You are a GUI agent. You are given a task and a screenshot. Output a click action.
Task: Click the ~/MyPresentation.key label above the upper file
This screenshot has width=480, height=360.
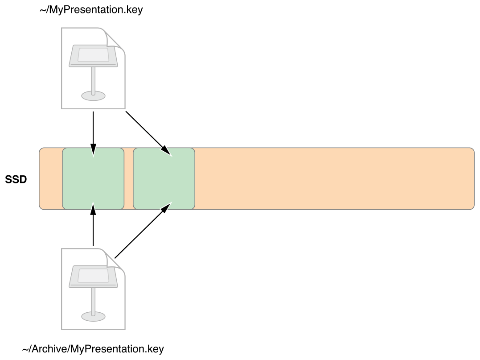pos(91,10)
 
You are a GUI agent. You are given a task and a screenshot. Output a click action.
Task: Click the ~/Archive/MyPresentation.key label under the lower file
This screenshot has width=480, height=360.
pos(93,349)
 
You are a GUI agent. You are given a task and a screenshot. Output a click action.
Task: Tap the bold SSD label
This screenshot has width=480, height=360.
pos(16,179)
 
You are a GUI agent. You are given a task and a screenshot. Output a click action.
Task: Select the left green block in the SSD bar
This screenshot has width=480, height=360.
pos(93,179)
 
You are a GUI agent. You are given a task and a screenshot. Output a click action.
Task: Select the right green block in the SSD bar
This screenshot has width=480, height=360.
pos(164,179)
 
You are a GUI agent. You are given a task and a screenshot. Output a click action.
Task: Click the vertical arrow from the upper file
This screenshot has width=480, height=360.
pos(93,134)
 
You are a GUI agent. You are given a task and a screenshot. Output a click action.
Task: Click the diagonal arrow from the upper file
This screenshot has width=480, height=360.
pos(149,134)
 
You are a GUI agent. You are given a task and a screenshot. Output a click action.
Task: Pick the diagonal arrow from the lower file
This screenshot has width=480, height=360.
pos(143,230)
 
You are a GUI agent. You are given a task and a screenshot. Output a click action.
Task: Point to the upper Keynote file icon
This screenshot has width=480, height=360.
pos(93,68)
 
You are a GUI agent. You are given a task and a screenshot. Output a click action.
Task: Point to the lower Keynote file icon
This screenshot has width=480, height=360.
pos(93,289)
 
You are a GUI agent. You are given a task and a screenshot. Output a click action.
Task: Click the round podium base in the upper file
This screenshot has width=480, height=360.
pos(93,95)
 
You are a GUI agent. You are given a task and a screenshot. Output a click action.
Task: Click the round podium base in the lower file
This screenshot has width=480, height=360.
pos(93,316)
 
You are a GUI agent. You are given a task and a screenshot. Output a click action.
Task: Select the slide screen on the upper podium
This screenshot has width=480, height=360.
pos(93,54)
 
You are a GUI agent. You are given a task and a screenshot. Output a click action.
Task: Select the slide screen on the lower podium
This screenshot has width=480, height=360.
pos(93,275)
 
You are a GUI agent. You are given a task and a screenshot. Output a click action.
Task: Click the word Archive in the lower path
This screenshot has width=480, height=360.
pos(50,349)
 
